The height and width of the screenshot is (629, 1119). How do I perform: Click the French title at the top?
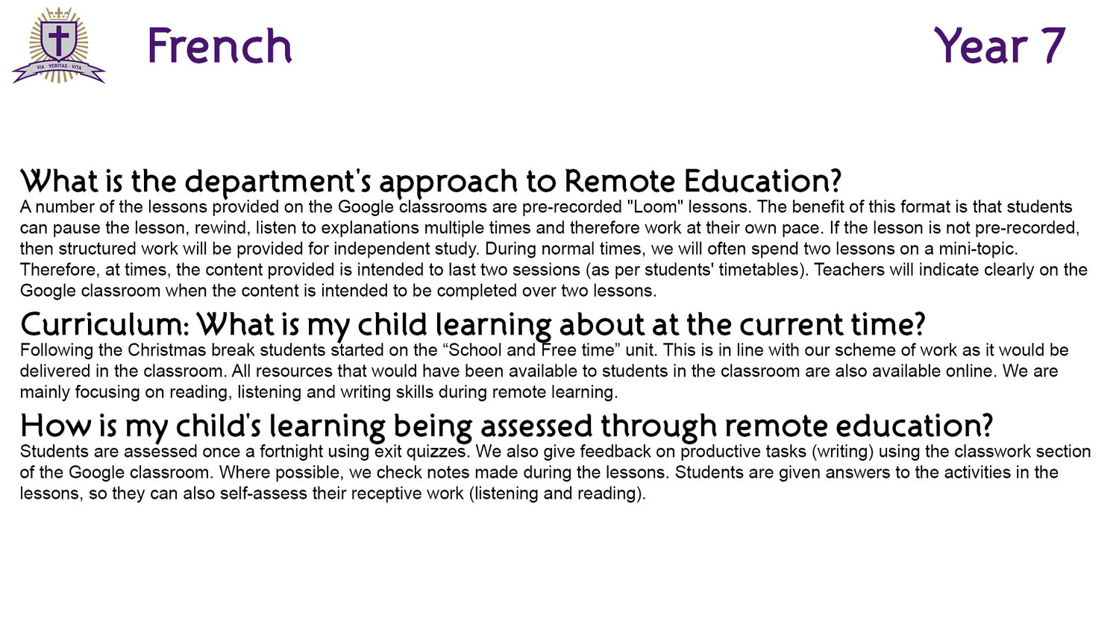[220, 45]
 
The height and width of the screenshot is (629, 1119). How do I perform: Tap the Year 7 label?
[1000, 45]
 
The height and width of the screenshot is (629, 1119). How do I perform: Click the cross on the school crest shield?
[59, 40]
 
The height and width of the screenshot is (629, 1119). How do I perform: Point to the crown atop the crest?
[59, 13]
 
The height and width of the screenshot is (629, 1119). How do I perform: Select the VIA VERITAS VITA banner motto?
[59, 66]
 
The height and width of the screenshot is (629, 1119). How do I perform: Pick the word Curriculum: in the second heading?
[105, 324]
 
